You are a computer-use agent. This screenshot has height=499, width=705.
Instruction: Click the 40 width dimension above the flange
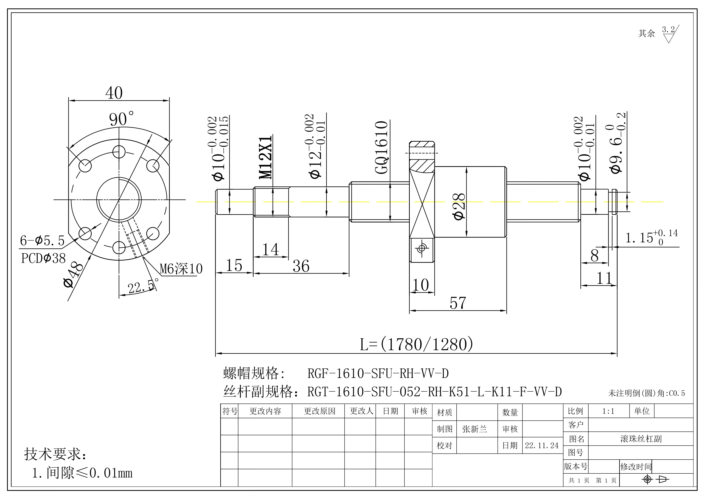coord(114,93)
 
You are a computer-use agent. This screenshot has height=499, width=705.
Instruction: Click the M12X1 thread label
coord(265,157)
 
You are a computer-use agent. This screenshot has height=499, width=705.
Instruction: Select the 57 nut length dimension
coord(458,303)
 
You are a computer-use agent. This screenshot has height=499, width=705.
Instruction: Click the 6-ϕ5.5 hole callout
coord(42,241)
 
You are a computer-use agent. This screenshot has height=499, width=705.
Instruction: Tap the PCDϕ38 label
coord(43,258)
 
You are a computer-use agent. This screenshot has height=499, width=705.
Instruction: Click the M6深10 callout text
coord(181,269)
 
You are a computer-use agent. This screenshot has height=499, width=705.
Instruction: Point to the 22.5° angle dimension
coord(142,287)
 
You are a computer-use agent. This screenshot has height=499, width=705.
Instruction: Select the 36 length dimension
coord(301,266)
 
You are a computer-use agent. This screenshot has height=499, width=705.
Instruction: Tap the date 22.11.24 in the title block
coord(542,445)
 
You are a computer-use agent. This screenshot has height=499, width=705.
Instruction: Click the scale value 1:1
coord(608,411)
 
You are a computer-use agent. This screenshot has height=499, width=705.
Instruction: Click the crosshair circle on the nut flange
coord(422,248)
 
